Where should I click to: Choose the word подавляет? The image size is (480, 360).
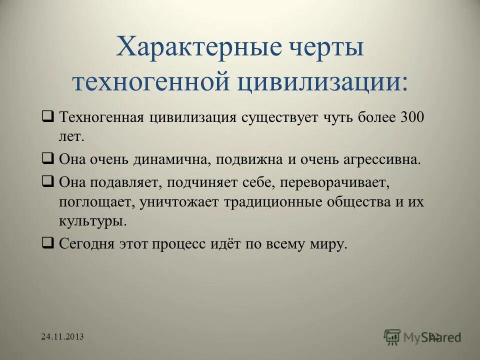(x=125, y=183)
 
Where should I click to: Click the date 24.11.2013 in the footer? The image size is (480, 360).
(x=62, y=336)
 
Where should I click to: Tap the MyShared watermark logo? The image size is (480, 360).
(x=422, y=336)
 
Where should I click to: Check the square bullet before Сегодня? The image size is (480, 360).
(x=48, y=243)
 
